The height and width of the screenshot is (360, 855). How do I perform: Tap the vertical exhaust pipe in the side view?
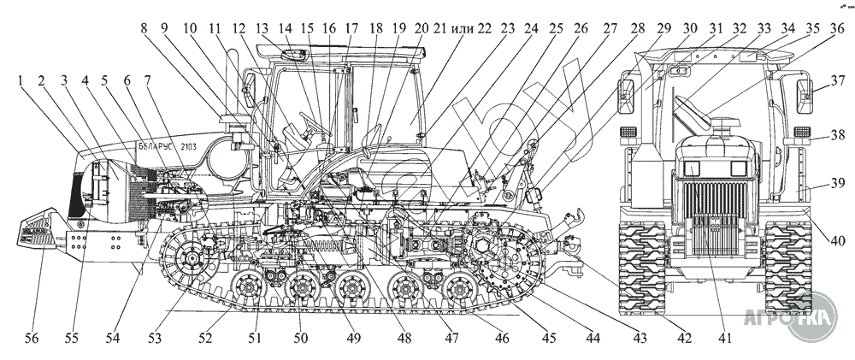[232, 86]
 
